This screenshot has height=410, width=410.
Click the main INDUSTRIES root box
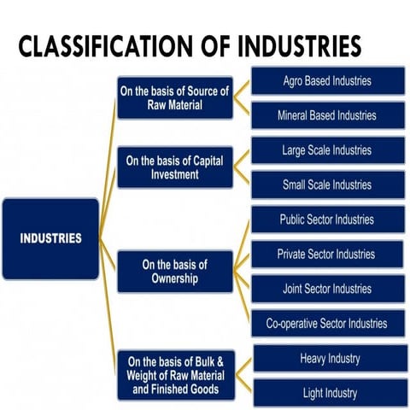click(x=50, y=238)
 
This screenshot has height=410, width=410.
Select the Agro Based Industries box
click(x=327, y=82)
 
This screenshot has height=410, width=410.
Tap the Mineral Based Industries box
click(x=327, y=115)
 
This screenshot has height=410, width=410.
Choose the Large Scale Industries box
click(x=327, y=150)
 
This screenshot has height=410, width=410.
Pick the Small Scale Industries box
click(x=327, y=184)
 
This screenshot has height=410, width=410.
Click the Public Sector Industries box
click(x=327, y=220)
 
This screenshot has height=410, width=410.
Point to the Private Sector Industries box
click(x=327, y=254)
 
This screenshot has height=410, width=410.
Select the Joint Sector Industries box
click(x=327, y=289)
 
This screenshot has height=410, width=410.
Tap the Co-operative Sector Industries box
click(x=327, y=323)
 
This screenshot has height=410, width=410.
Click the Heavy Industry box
click(x=329, y=358)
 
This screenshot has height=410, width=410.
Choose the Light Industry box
click(x=329, y=393)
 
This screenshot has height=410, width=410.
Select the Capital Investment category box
click(x=174, y=167)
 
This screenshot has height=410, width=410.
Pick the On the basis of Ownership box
click(x=174, y=272)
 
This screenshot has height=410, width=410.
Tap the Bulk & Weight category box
click(x=174, y=375)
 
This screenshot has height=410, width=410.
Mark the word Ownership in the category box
click(x=174, y=278)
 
